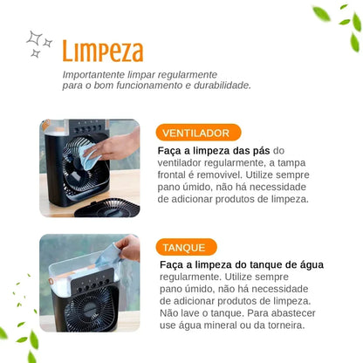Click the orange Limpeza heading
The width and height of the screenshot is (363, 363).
coord(103,51)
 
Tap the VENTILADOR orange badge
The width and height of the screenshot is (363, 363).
coord(198,133)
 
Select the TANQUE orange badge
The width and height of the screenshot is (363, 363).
coord(187,247)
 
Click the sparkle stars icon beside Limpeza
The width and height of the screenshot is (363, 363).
coord(39,44)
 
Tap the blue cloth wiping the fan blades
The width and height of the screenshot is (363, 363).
coord(90,156)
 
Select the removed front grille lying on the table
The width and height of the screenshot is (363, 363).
coord(107,208)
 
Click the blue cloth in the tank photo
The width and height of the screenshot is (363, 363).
coord(108,256)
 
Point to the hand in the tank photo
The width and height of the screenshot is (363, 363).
coord(129,247)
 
